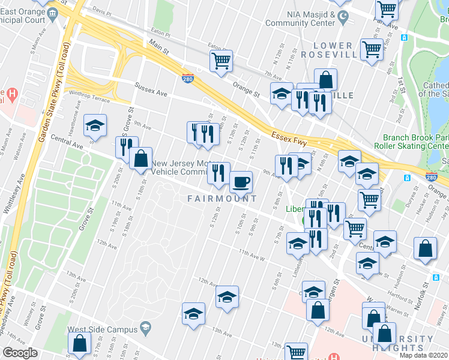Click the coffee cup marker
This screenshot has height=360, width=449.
241,181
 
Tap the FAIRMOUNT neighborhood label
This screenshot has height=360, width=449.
222,199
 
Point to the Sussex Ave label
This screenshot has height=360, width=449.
151,90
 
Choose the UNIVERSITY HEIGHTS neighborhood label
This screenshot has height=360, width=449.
393,343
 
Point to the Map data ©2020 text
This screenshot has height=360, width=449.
424,355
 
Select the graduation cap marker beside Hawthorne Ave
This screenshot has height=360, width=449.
95,125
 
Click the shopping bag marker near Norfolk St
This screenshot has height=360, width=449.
425,249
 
